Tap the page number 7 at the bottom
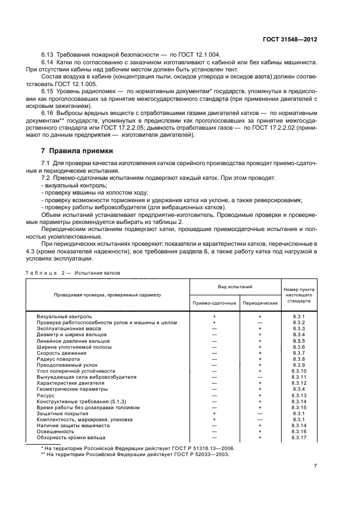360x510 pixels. click(x=316, y=466)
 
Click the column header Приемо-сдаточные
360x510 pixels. click(x=214, y=302)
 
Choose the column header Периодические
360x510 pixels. click(x=260, y=302)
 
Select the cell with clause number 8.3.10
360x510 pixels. click(x=299, y=371)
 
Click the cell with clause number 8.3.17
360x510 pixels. click(x=299, y=437)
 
